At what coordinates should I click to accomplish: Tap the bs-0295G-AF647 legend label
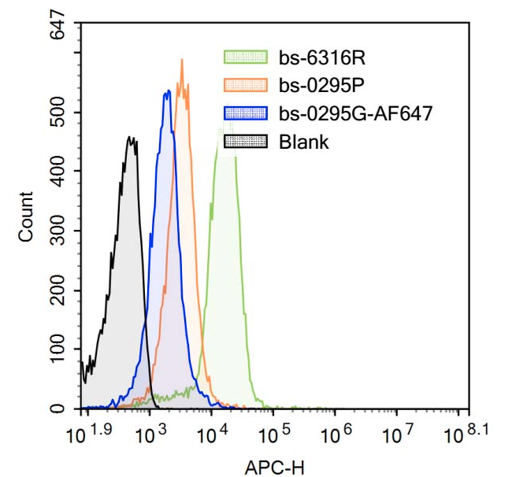355,113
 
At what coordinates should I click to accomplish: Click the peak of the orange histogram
182,59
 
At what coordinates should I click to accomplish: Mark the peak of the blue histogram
167,92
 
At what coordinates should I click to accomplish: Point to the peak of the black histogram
131,138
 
